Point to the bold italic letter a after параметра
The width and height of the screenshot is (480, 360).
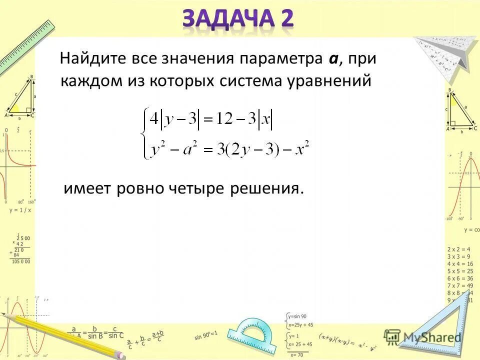333,58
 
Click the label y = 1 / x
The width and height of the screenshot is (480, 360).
20,210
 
